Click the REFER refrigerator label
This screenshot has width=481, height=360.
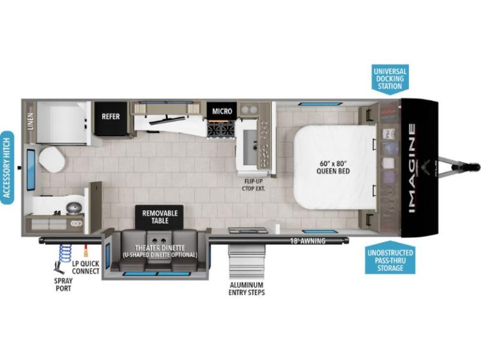[111, 116]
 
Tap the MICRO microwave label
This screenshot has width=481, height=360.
[222, 111]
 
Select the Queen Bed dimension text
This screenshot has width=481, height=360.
[333, 167]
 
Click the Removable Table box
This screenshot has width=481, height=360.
[160, 217]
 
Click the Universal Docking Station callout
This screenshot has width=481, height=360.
[390, 79]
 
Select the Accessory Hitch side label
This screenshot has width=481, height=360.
[7, 167]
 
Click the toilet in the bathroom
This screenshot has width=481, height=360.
[52, 159]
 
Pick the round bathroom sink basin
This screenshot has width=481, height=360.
[74, 207]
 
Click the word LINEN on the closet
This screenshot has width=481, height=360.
[30, 121]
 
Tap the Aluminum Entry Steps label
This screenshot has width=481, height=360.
[247, 289]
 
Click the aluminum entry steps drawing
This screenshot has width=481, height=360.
[246, 261]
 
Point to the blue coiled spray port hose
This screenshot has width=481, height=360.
[65, 254]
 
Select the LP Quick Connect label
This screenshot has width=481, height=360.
[86, 267]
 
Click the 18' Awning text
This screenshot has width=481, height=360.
[308, 241]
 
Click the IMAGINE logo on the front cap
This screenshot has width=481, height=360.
[411, 168]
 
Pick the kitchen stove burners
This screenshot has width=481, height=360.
[221, 129]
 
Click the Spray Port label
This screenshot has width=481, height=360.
[63, 285]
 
